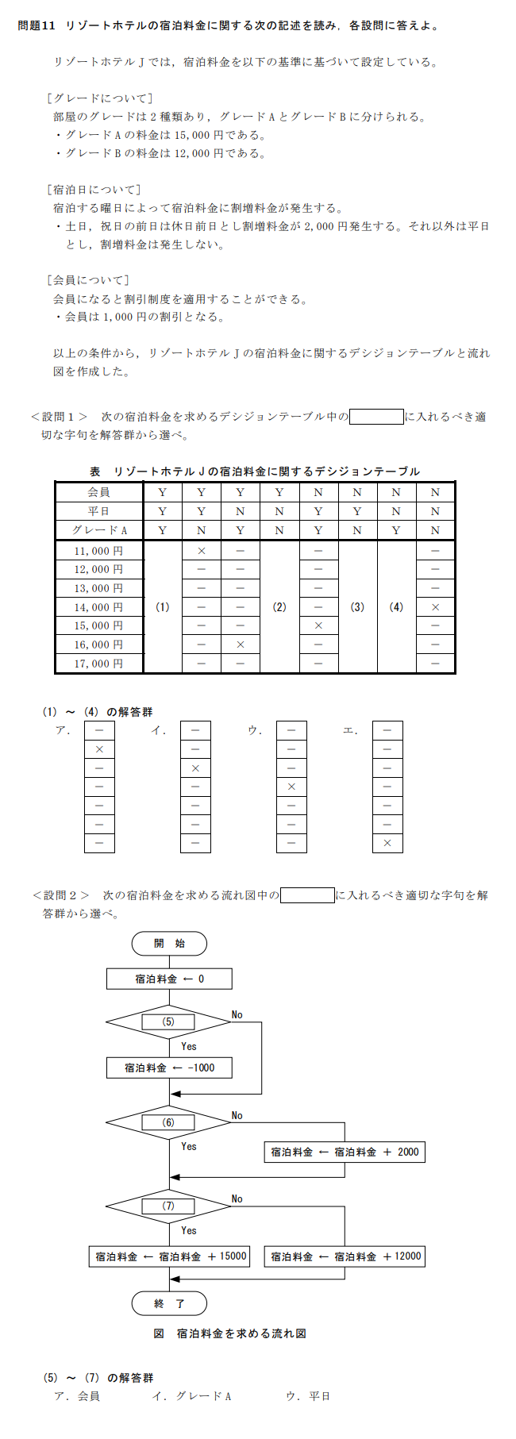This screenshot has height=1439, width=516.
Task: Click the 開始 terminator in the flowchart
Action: [169, 944]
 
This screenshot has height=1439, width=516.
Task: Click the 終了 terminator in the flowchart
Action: [169, 1303]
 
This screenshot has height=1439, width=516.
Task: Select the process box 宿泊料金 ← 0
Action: [169, 979]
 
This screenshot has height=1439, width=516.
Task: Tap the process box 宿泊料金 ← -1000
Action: [169, 1068]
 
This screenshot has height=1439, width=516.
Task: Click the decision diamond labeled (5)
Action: [168, 1022]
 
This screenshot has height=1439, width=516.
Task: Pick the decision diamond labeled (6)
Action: [168, 1122]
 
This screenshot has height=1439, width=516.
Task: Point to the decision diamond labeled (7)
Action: [168, 1206]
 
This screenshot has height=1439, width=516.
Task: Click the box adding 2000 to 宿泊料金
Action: [345, 1152]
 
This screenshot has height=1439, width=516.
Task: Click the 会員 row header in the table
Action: [98, 492]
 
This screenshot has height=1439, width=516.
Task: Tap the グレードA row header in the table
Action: [98, 530]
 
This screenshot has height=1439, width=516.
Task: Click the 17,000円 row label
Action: [98, 664]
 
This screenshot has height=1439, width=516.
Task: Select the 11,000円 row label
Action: [98, 551]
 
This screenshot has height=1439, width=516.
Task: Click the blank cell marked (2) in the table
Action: [279, 607]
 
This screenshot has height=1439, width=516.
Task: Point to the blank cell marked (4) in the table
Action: [396, 607]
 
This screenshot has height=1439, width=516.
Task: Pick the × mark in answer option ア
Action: [99, 749]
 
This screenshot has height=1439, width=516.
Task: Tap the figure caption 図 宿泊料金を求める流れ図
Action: [230, 1334]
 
